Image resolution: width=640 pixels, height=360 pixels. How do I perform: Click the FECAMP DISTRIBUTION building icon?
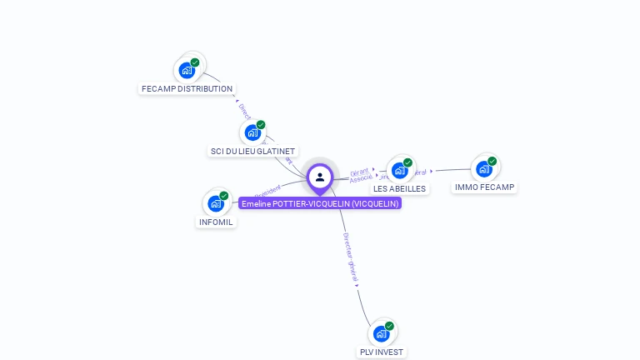coord(187,70)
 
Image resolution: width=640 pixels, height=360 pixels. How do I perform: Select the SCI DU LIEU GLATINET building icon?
coord(252,132)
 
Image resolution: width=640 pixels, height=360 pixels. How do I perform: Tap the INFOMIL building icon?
coord(216,202)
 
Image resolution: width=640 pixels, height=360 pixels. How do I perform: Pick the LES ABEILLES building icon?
coord(399,170)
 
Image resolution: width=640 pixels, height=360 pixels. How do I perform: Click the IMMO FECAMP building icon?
coord(484,169)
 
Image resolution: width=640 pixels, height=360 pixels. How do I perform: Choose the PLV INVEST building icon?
coord(381,333)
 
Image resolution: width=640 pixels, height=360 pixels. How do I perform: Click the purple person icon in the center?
coord(320,177)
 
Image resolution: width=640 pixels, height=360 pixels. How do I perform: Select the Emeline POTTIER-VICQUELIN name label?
coord(320,203)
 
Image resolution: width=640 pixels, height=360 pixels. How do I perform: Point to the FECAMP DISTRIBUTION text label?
coord(187,89)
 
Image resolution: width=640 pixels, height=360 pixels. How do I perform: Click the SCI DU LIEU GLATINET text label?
coord(252,152)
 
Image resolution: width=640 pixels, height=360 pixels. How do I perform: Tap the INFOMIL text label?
coord(216,222)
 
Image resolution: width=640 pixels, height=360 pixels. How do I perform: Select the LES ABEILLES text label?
coord(399,189)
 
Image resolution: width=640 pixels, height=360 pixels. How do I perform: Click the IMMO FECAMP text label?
coord(484,187)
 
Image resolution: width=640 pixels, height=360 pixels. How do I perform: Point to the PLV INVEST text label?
coord(381,352)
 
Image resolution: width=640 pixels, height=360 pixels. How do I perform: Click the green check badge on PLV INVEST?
coord(389,326)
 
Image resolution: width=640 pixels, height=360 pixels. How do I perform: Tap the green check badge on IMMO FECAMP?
coord(492,161)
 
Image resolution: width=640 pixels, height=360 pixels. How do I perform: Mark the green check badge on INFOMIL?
coord(224,195)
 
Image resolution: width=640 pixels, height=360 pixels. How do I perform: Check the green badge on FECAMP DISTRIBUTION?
coord(195,62)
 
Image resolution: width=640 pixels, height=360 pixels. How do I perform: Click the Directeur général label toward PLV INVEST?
coord(351,257)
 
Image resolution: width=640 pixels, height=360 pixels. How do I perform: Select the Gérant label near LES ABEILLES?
coord(359,171)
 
